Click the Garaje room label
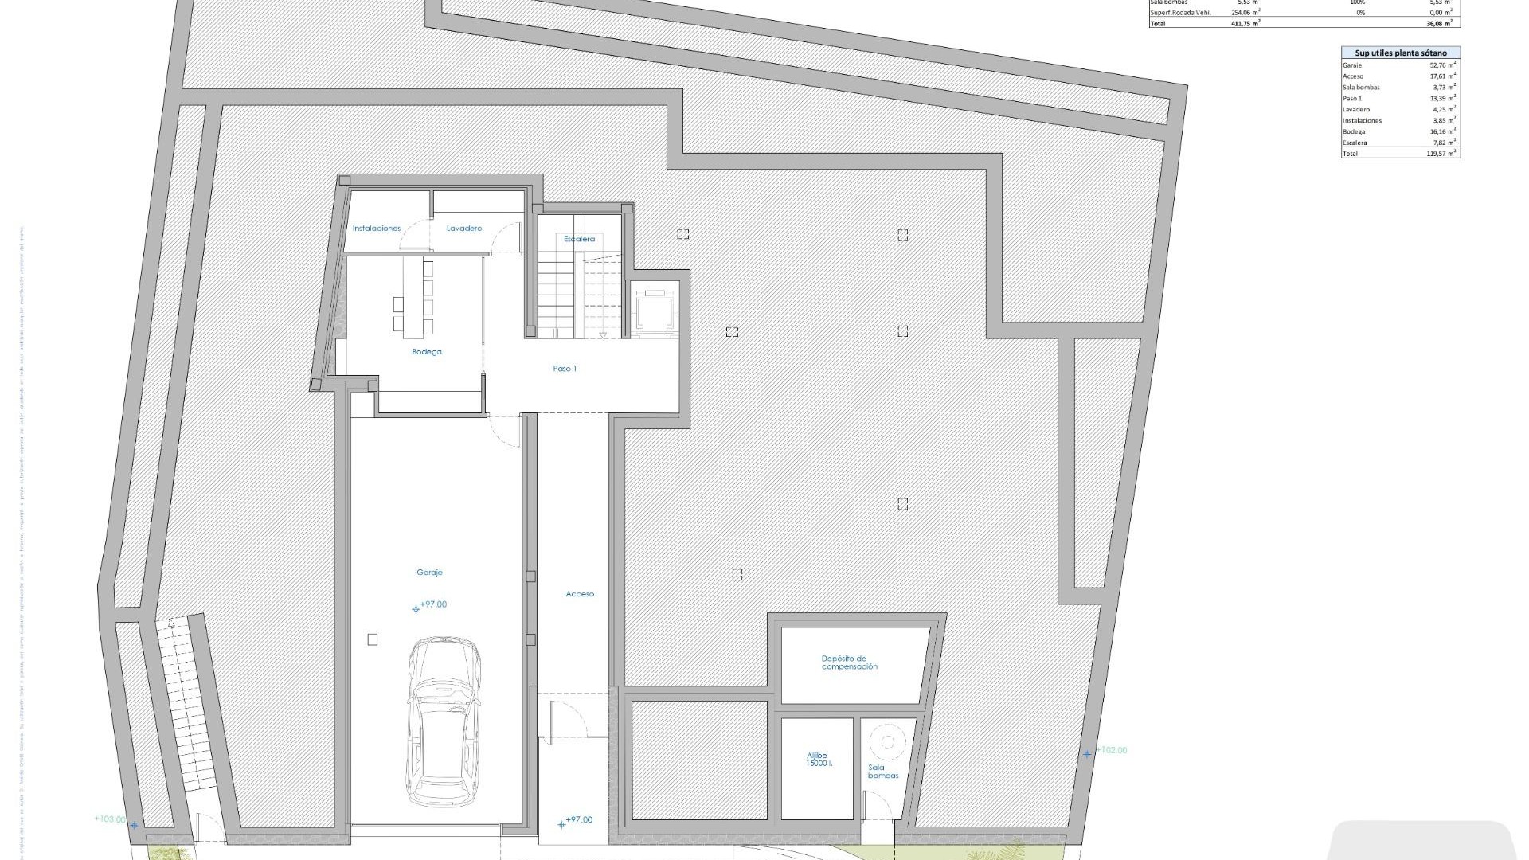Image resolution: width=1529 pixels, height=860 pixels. click(x=429, y=573)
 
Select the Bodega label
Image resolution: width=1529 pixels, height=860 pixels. click(x=427, y=352)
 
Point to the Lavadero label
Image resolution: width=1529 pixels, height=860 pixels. click(x=464, y=229)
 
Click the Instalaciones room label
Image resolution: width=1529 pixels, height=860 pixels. click(x=377, y=229)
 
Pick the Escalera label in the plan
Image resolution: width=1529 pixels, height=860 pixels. click(x=579, y=239)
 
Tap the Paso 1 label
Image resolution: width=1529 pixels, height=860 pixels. click(x=565, y=369)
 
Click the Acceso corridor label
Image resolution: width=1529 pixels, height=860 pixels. click(x=580, y=594)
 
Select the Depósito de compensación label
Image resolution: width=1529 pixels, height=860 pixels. click(x=849, y=663)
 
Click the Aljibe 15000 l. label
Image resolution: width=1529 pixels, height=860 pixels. click(x=817, y=760)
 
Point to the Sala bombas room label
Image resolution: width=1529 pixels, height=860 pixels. click(x=883, y=772)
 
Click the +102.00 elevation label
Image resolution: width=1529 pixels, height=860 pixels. click(x=1112, y=750)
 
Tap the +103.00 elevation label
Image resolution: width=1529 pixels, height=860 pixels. click(x=110, y=819)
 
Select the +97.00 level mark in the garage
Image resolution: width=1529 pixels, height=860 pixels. click(x=433, y=605)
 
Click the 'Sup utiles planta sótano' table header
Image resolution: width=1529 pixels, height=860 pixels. click(x=1401, y=53)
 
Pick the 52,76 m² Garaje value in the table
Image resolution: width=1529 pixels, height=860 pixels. click(x=1443, y=65)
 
